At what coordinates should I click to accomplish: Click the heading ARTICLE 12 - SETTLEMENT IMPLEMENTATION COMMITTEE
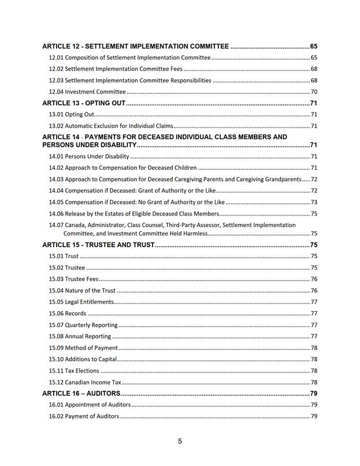coord(136,46)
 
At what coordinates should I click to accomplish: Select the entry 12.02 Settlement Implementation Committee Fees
coord(116,69)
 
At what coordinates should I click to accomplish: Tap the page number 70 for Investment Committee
coord(314,92)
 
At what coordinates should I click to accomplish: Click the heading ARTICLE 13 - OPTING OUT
coord(84,103)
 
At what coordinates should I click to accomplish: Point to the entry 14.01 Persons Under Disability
coord(90,156)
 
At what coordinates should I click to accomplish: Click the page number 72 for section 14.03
coord(314,179)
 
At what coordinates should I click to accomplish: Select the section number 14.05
coord(56,202)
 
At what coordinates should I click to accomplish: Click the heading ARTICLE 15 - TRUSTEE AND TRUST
coord(99,245)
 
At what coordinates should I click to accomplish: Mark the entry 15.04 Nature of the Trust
coord(82,290)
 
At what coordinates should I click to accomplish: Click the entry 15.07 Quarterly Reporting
coord(83,325)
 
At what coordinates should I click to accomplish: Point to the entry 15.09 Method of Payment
coord(83,348)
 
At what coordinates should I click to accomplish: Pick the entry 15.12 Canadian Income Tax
coord(85,382)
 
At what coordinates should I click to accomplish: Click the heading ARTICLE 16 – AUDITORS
coord(81,393)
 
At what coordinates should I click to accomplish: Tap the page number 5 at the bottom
coord(180,441)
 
